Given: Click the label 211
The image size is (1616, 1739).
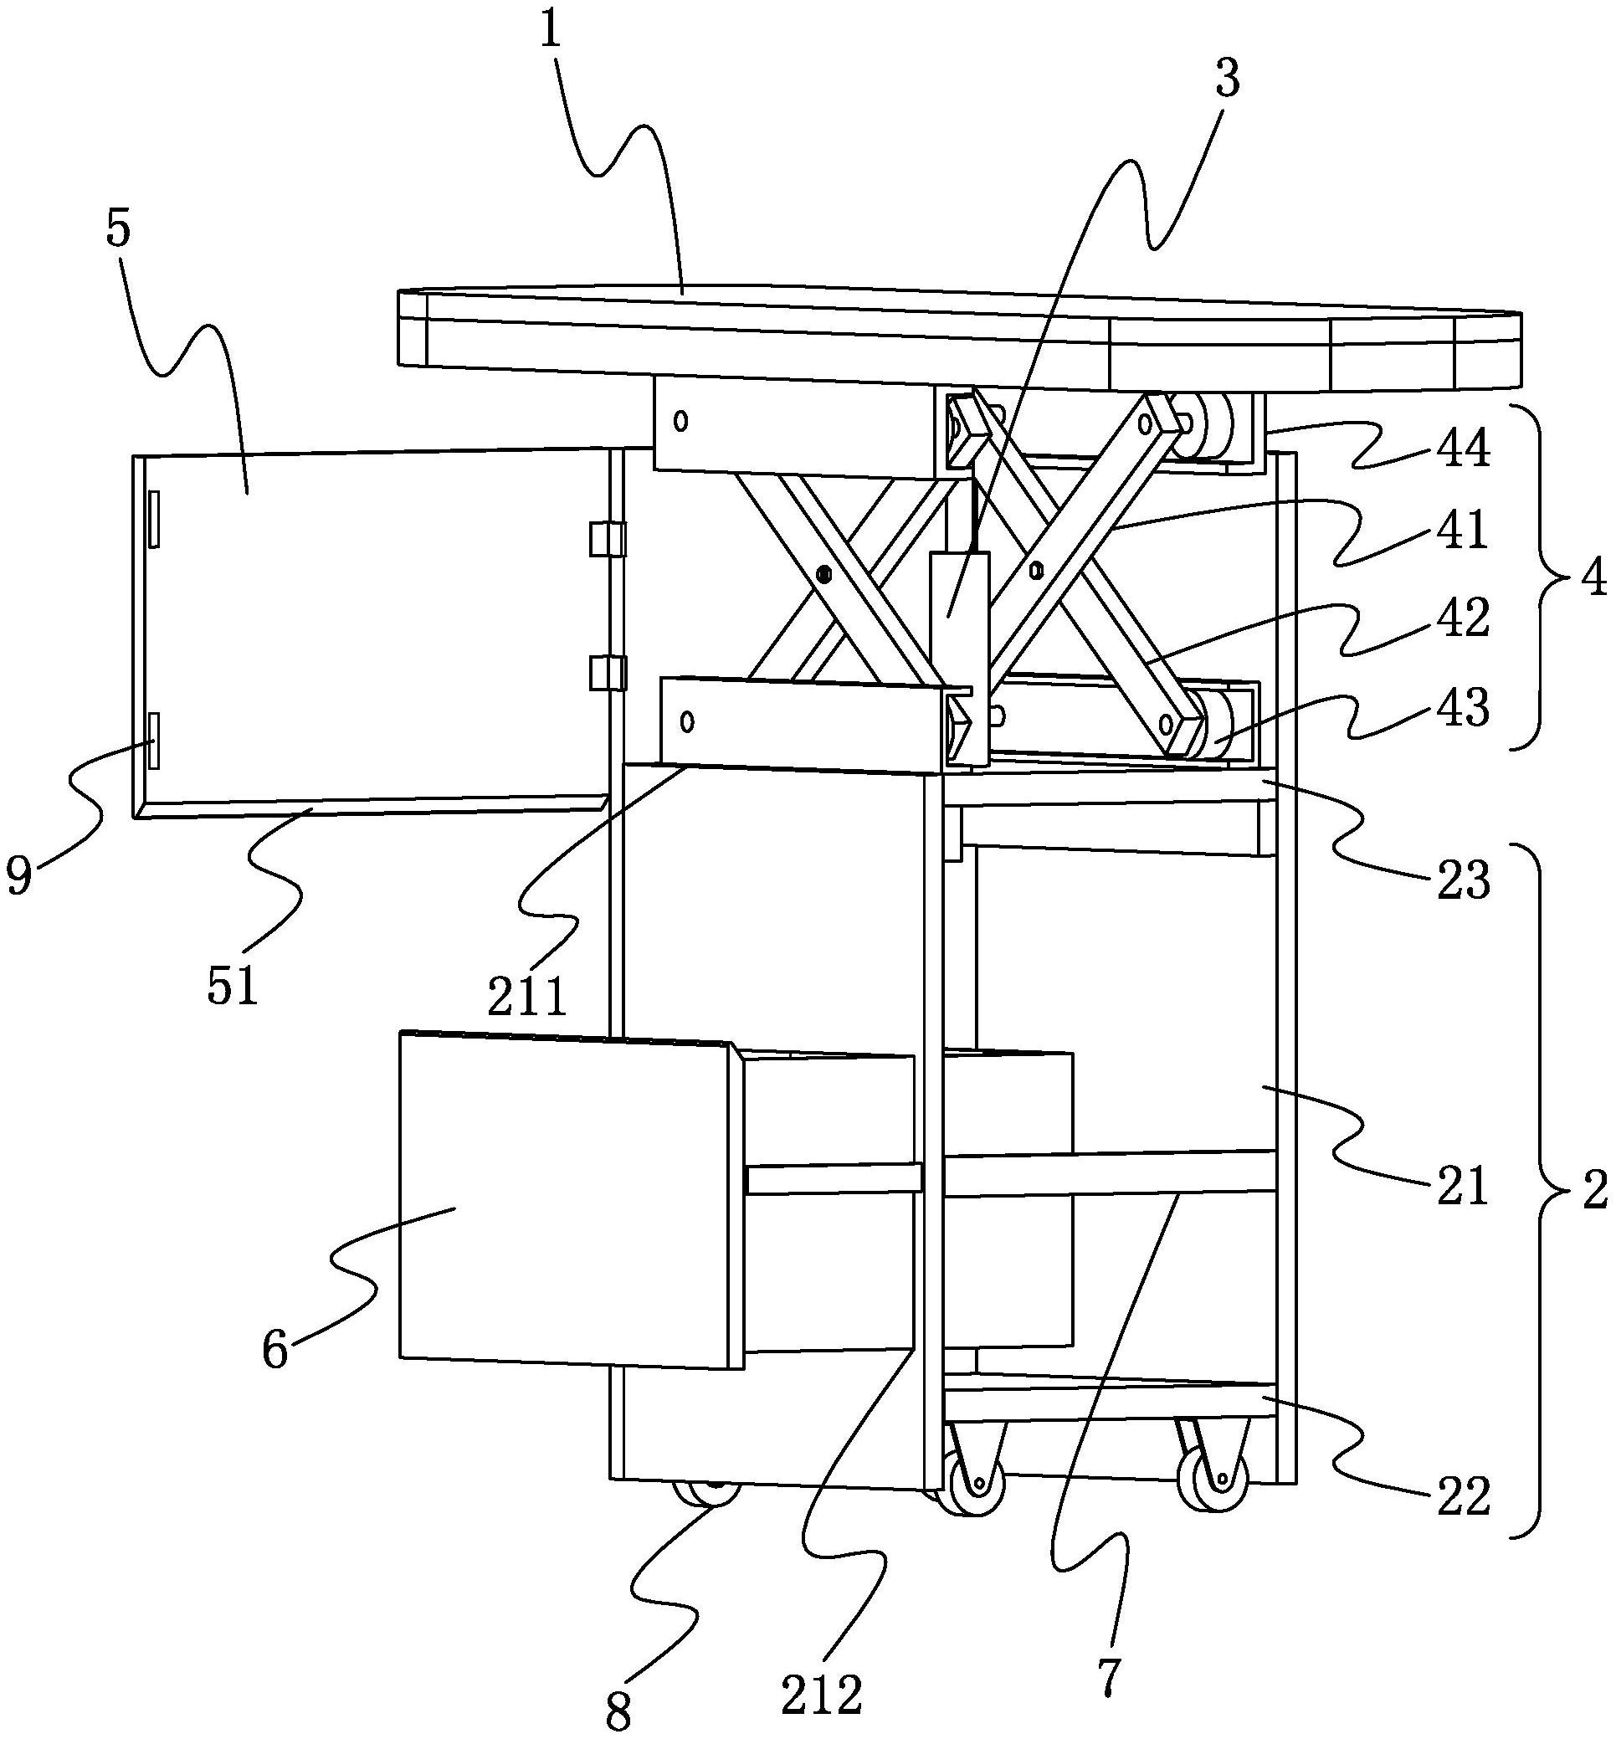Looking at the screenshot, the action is [527, 998].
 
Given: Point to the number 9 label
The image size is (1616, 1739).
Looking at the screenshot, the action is [19, 877].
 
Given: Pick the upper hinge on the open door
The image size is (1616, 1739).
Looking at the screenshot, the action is [607, 539].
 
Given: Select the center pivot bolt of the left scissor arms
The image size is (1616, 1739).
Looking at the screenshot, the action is [823, 574].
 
